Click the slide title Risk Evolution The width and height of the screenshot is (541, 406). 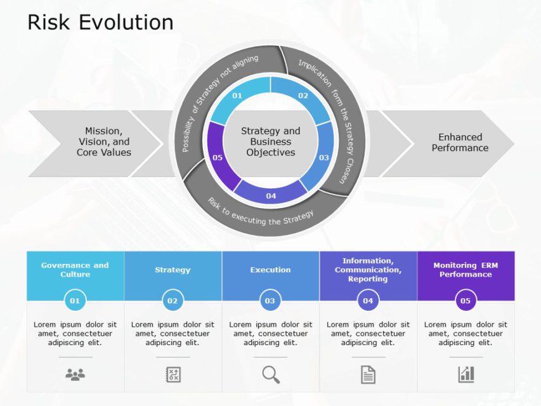[x=100, y=22]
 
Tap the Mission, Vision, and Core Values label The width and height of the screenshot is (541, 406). [x=104, y=142]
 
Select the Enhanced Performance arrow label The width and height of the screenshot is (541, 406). [x=460, y=142]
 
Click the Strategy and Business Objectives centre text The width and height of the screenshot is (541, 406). [x=271, y=141]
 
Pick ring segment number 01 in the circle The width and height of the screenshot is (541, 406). [x=237, y=96]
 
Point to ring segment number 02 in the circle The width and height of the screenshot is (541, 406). [x=303, y=96]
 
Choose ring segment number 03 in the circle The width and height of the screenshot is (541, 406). [x=324, y=157]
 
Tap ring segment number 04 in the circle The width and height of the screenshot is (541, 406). [x=271, y=195]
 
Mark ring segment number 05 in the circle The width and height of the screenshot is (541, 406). [x=218, y=157]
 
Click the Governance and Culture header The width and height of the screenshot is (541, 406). [x=75, y=270]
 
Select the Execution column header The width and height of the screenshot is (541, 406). [x=270, y=270]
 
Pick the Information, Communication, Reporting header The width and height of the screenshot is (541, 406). [x=368, y=270]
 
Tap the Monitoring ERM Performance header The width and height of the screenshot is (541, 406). [x=466, y=270]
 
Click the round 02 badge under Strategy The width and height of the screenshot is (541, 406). [x=173, y=301]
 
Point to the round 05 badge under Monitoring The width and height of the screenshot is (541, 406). [x=466, y=301]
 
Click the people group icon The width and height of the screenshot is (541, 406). [x=75, y=375]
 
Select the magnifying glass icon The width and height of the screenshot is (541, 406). [x=271, y=375]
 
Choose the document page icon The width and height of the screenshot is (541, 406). [x=368, y=375]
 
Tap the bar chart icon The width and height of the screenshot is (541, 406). [x=466, y=374]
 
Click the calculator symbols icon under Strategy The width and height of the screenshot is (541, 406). [x=173, y=374]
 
